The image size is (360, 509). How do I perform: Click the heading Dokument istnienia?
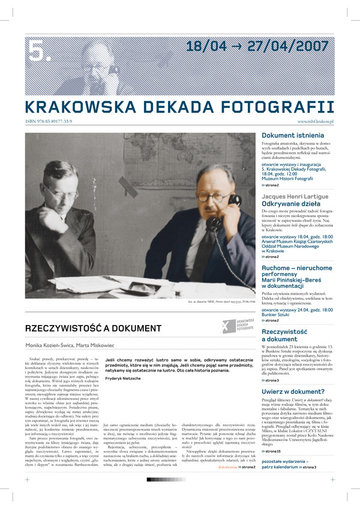click(290, 136)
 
